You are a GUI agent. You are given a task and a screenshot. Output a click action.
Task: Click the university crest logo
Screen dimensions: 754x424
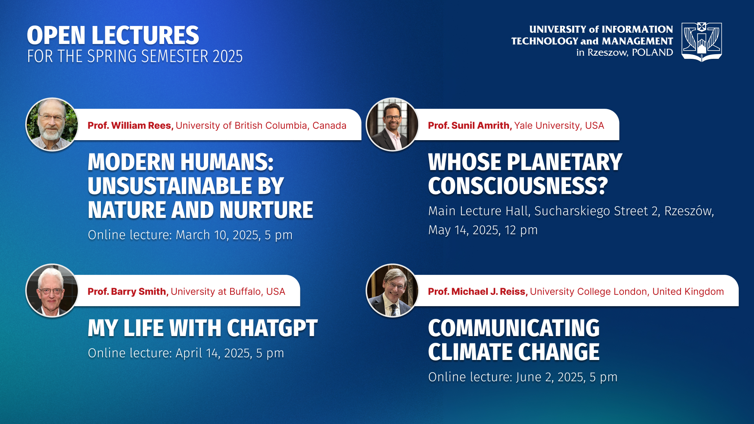click(x=701, y=42)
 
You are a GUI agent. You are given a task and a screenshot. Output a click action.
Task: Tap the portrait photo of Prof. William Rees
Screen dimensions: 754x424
click(x=52, y=124)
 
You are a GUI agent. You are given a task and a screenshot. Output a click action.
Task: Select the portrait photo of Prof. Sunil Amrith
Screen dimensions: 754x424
click(x=392, y=124)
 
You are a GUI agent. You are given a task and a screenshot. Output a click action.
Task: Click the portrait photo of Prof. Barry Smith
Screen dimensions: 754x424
click(x=52, y=291)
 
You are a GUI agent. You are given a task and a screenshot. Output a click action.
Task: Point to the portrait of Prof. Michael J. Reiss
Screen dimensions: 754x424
click(x=392, y=291)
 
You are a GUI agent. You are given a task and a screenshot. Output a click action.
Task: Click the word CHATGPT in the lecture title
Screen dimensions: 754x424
click(x=272, y=328)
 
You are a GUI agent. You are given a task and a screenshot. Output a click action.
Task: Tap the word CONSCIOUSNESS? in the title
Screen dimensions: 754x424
click(x=518, y=186)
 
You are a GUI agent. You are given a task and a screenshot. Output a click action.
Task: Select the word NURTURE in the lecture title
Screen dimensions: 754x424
click(x=266, y=210)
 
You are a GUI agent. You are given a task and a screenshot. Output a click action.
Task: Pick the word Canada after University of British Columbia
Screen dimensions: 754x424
click(x=329, y=126)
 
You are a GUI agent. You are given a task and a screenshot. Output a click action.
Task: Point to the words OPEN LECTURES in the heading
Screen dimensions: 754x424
click(x=113, y=35)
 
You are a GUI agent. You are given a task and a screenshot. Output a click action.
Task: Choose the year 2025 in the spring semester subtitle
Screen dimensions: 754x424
click(x=228, y=57)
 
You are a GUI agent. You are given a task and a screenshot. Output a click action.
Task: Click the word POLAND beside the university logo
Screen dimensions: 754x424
click(x=652, y=53)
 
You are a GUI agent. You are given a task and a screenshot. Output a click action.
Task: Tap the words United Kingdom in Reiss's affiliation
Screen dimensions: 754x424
click(x=688, y=292)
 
